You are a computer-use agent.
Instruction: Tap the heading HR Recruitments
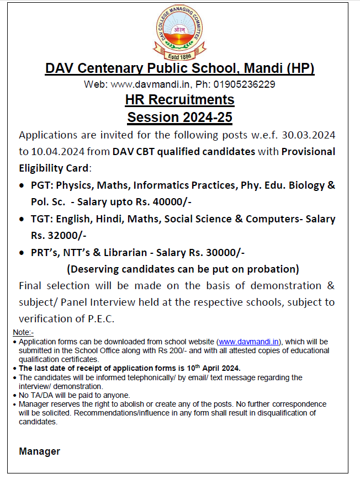[x=179, y=100]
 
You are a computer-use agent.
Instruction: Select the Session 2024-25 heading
[x=179, y=117]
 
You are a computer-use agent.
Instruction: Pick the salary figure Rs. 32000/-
[x=58, y=235]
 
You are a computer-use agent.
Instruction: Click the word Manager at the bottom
[x=40, y=451]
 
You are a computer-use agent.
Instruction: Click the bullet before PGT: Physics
[x=22, y=185]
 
